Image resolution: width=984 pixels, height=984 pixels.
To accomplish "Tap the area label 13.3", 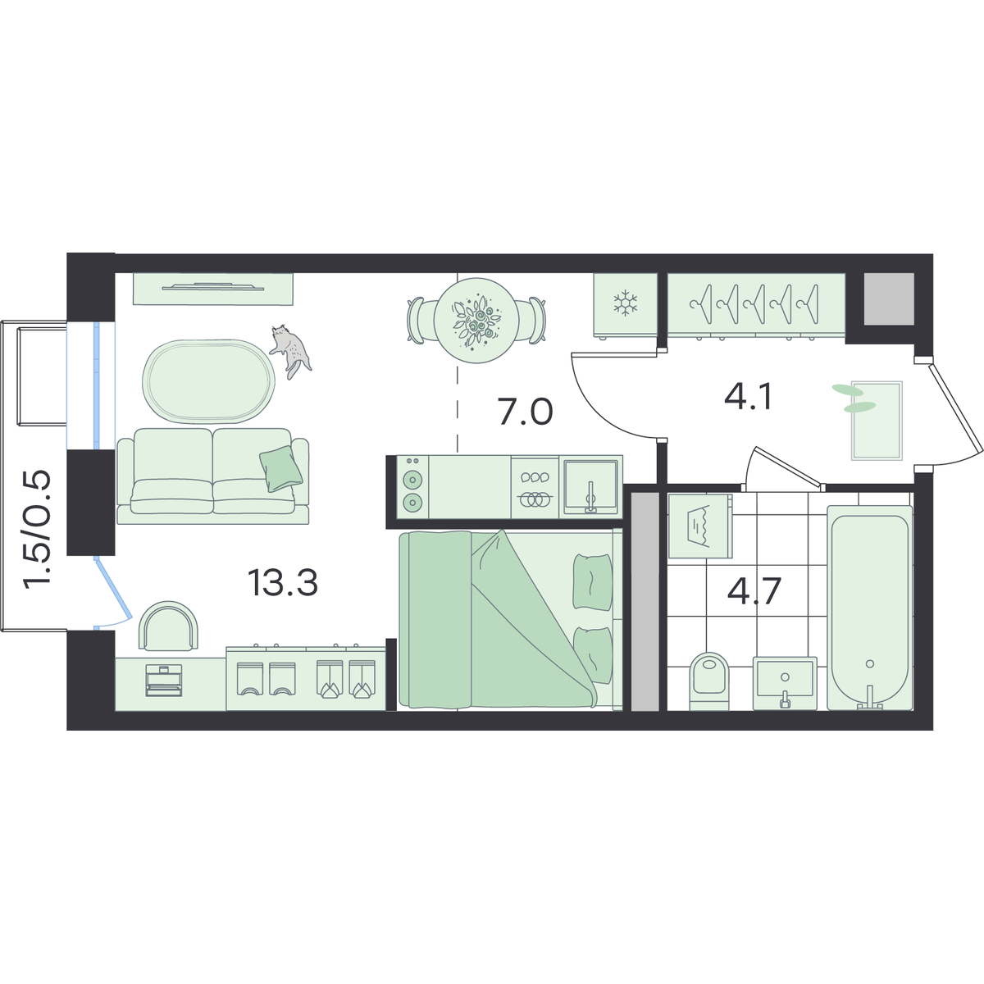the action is pos(283,583).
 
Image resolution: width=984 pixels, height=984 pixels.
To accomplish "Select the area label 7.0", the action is pos(526,412).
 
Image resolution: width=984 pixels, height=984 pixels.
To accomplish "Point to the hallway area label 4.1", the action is pos(748,397).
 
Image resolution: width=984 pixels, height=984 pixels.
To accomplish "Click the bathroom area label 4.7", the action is pos(754,591).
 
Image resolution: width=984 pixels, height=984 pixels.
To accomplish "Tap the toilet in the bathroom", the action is pos(708,681).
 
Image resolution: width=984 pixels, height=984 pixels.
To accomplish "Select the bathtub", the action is pos(869,608).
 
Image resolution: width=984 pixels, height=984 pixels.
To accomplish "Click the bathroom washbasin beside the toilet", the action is pos(785,683).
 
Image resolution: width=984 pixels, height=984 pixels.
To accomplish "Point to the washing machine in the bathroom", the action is pos(700,526).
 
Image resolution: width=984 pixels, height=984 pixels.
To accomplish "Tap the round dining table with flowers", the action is pos(476,320).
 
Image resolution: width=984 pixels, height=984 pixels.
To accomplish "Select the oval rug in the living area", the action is pos(208,381).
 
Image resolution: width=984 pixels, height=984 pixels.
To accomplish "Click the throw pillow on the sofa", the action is pos(281,468).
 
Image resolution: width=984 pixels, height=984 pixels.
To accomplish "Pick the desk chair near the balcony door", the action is pos(169,626).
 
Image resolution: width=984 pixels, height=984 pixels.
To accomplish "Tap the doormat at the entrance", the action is pos(877,421).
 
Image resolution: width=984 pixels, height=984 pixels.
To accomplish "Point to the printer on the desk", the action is pos(164,681).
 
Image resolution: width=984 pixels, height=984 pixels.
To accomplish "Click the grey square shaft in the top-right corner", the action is pos(889,298).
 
